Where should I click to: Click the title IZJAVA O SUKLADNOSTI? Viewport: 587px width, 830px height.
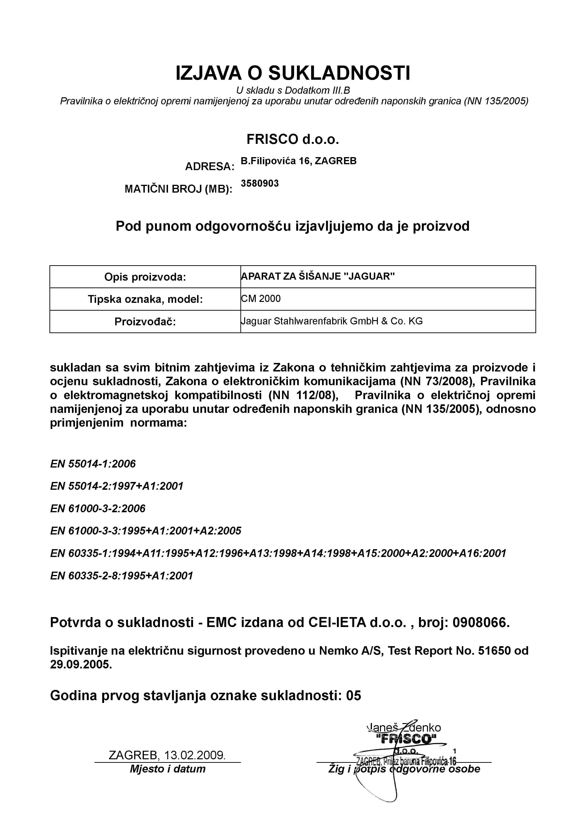293,73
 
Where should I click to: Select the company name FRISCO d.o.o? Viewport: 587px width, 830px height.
293,139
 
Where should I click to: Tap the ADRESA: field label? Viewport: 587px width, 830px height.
210,167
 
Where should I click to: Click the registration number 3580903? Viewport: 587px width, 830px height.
260,184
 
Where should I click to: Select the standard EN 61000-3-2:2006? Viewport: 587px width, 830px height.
97,509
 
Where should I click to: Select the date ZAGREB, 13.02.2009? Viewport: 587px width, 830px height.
167,755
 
